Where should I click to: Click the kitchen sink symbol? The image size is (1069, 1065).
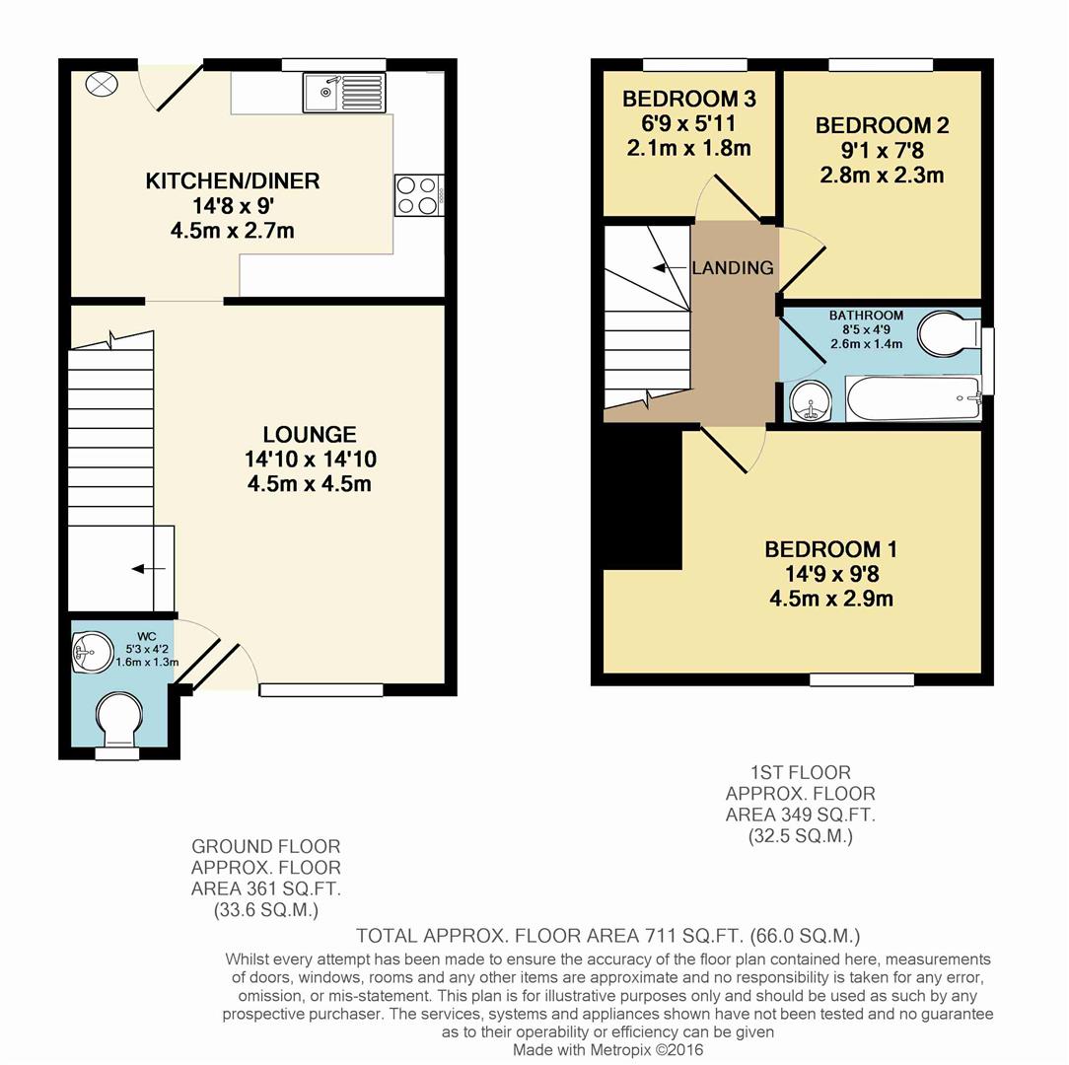pyautogui.click(x=347, y=93)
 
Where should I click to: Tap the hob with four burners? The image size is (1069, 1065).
pyautogui.click(x=418, y=194)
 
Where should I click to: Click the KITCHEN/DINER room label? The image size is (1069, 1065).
pyautogui.click(x=233, y=181)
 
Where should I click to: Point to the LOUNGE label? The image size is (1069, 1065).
pyautogui.click(x=309, y=435)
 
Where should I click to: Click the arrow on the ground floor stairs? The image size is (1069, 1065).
pyautogui.click(x=148, y=568)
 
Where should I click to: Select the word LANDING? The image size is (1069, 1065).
pyautogui.click(x=732, y=268)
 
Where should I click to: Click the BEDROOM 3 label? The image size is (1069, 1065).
pyautogui.click(x=688, y=100)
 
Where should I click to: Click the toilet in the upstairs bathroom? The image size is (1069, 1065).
pyautogui.click(x=948, y=334)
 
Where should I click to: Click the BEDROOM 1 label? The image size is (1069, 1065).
pyautogui.click(x=831, y=549)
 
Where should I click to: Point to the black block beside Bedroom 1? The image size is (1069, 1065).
pyautogui.click(x=642, y=498)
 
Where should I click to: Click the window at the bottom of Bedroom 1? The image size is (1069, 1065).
pyautogui.click(x=861, y=679)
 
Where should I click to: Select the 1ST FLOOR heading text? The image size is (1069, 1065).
pyautogui.click(x=800, y=772)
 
